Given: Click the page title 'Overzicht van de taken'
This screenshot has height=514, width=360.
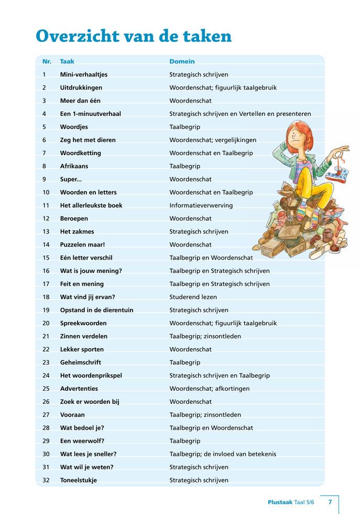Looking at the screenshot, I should tap(134, 36).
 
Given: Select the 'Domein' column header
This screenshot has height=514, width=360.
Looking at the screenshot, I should tap(182, 61).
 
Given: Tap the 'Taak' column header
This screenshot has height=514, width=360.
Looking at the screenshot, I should tap(67, 61).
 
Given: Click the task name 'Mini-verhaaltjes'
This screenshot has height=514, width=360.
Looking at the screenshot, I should tap(84, 74).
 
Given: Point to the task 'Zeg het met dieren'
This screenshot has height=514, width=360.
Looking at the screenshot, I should tap(88, 140).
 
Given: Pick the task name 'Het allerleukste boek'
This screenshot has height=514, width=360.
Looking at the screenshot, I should tap(91, 206).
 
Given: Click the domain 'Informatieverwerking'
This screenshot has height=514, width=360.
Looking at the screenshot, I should tap(201, 206).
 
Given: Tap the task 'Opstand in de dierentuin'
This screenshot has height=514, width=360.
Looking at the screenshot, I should tap(96, 310).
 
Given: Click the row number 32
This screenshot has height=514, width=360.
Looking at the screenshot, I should tap(46, 480).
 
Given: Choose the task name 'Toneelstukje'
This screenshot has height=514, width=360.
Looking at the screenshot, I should tap(79, 480).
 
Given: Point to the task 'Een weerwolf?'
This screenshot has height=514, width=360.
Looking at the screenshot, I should tap(81, 441).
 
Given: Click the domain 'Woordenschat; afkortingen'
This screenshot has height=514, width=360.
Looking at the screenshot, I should tap(209, 389).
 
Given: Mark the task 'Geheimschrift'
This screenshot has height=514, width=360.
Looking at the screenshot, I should tap(81, 362).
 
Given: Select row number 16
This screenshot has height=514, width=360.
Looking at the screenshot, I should tap(46, 271).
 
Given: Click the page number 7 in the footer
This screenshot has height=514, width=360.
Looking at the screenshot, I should tap(330, 502).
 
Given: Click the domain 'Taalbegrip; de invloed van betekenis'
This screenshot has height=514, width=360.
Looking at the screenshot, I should tap(223, 454).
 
